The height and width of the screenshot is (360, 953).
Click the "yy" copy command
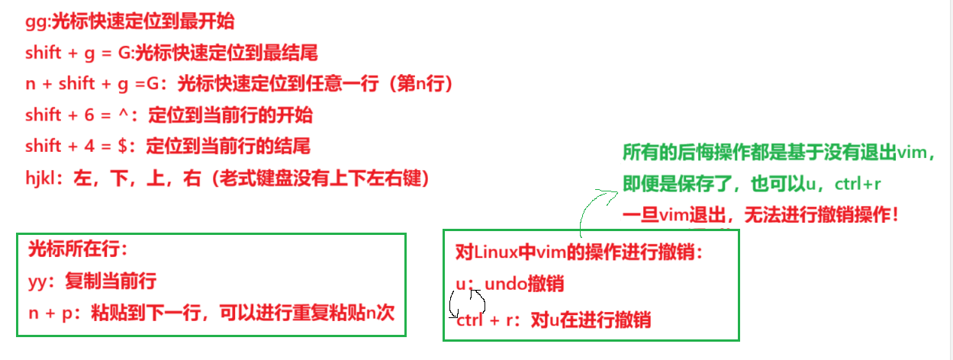coord(38,281)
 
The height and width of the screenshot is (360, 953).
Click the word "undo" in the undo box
coord(506,284)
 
